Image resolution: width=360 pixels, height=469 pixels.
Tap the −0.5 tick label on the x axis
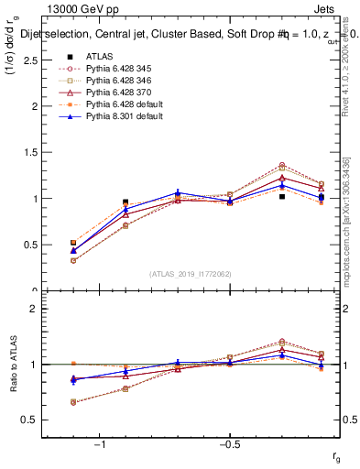point(229,443)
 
